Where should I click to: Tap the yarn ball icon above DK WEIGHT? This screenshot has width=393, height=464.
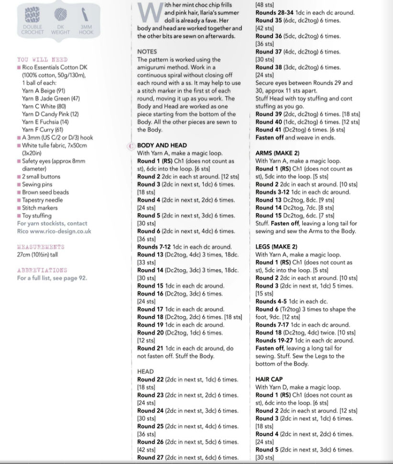pyautogui.click(x=60, y=13)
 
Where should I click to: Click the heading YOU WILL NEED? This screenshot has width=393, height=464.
pyautogui.click(x=42, y=60)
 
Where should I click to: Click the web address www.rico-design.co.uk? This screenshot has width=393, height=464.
pyautogui.click(x=61, y=231)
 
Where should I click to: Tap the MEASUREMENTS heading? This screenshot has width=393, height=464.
pyautogui.click(x=40, y=247)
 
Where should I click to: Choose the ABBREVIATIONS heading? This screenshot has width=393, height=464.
pyautogui.click(x=42, y=270)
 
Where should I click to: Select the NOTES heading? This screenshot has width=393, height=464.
pyautogui.click(x=147, y=52)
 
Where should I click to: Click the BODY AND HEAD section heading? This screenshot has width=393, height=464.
pyautogui.click(x=162, y=145)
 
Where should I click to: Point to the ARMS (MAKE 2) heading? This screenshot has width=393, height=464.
pyautogui.click(x=277, y=153)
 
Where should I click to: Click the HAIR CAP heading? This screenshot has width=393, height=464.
pyautogui.click(x=271, y=379)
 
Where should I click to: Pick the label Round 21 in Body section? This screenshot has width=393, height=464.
pyautogui.click(x=150, y=348)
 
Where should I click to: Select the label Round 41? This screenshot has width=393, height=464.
pyautogui.click(x=268, y=130)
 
